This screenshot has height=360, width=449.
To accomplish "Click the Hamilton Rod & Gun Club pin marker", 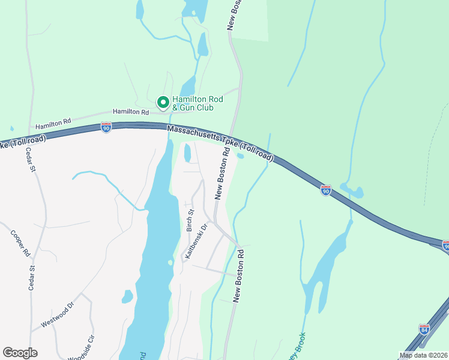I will tap(162, 103).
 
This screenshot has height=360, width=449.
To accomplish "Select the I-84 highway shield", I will tap(424, 329).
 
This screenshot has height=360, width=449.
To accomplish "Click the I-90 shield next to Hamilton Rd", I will tap(106, 127).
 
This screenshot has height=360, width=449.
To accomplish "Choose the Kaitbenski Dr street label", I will tap(196, 241).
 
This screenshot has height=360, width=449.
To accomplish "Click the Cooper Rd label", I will tap(16, 242).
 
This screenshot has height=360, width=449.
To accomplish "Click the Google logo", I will tap(20, 352).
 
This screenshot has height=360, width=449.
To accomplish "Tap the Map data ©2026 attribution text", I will tap(423, 355).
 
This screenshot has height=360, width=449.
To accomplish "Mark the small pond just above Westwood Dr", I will tap(127, 296).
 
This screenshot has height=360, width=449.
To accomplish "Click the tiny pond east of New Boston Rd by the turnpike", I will tap(240, 156).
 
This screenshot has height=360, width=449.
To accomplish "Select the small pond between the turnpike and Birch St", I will tap(187, 154).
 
